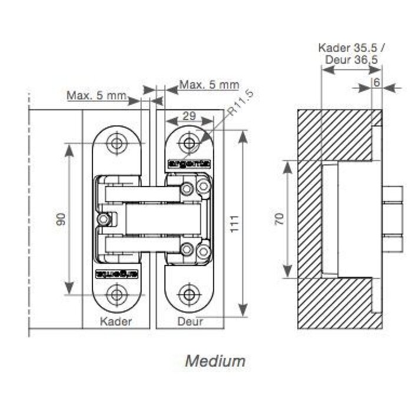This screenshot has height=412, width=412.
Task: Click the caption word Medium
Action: pyautogui.click(x=215, y=361)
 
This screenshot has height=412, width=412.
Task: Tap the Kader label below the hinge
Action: pyautogui.click(x=115, y=321)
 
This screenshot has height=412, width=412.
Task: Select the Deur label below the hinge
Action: pyautogui.click(x=190, y=321)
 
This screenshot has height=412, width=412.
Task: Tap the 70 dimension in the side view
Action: pyautogui.click(x=280, y=219)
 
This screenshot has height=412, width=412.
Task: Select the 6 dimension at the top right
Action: pyautogui.click(x=376, y=82)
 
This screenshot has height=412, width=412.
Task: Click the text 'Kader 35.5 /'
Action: pyautogui.click(x=347, y=48)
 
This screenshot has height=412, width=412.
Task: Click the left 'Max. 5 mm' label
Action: pyautogui.click(x=97, y=95)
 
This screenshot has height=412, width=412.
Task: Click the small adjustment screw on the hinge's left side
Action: pyautogui.click(x=104, y=219)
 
